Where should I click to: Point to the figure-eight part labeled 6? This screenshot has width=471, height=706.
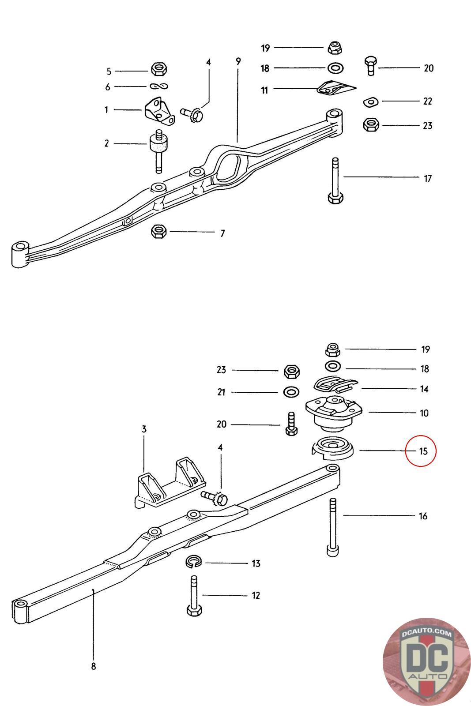159,86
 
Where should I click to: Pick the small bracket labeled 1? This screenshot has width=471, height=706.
159,112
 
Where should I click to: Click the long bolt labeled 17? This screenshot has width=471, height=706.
335,181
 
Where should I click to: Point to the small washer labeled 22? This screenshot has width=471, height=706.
371,102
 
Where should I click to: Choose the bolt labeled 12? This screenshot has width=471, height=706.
194,596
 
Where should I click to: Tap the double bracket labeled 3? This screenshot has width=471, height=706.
169,485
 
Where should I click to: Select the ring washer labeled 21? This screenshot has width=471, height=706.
290,392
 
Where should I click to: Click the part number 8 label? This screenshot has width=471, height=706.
93,666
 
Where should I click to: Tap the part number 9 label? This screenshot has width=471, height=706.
238,61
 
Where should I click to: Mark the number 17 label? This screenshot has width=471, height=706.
427,179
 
